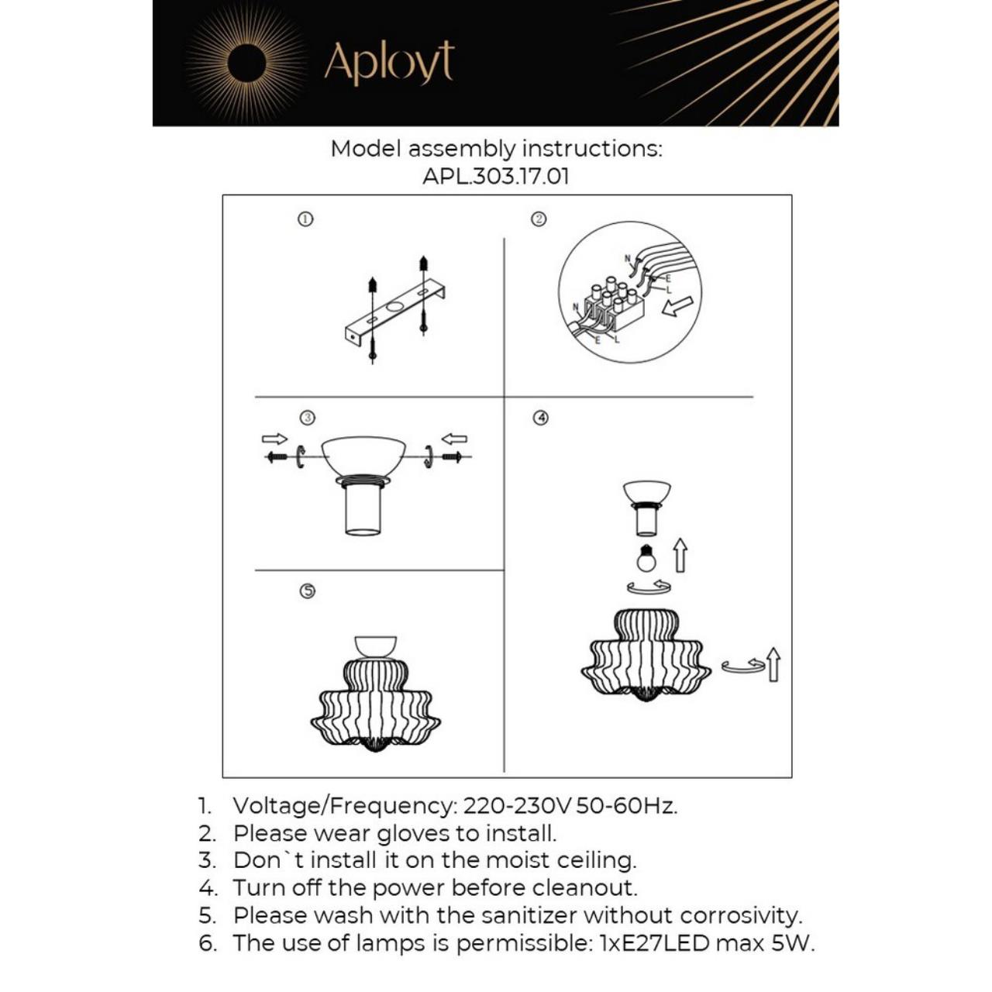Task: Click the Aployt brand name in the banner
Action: tap(388, 63)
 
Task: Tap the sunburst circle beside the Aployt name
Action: tap(246, 63)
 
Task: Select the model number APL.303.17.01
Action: tap(496, 177)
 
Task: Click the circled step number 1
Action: tap(305, 219)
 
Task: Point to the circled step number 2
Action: tap(539, 219)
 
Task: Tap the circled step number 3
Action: tap(308, 418)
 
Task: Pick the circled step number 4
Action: tap(541, 418)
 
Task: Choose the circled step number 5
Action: tap(308, 591)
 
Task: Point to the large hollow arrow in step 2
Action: tap(677, 305)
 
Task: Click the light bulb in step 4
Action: tap(646, 558)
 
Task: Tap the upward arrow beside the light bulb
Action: tap(680, 555)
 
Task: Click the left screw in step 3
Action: tap(276, 457)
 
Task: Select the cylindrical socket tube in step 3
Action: tap(363, 510)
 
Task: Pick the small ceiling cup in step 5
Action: tap(375, 646)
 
